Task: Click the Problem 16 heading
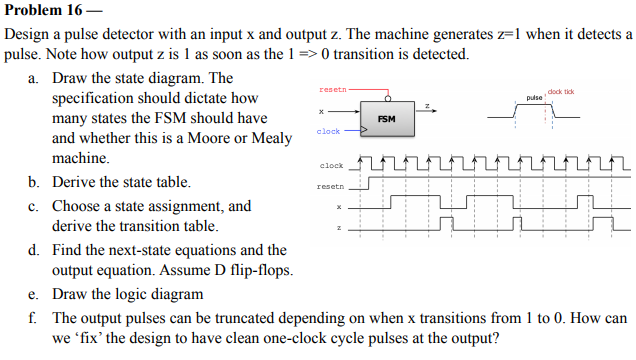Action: [x=45, y=10]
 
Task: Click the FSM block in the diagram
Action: [x=387, y=118]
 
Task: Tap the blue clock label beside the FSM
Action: [x=328, y=131]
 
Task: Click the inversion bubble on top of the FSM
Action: [x=387, y=98]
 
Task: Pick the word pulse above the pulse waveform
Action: [x=533, y=98]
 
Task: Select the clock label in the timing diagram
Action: [x=331, y=165]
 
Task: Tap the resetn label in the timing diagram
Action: [x=330, y=186]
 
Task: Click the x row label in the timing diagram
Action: [x=339, y=208]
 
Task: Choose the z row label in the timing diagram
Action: [x=339, y=229]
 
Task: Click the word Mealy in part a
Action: [x=270, y=138]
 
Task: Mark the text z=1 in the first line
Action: [x=468, y=34]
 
